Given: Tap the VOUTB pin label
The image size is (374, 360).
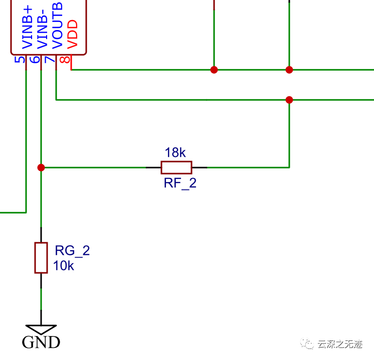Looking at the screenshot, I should (57, 25).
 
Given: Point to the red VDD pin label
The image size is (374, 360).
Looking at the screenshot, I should (72, 34).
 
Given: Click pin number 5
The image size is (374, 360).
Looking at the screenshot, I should (20, 60).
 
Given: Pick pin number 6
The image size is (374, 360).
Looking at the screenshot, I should (35, 60).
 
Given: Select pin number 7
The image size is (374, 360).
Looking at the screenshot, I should (49, 60).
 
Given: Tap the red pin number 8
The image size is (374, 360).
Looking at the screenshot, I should (64, 60).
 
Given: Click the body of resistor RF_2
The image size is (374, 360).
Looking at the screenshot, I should (176, 167).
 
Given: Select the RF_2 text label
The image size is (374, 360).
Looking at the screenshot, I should (180, 184).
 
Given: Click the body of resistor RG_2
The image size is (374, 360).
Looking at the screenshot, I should (41, 258).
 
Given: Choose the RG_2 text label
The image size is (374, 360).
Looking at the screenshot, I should (72, 251).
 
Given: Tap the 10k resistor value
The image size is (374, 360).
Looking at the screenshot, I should (64, 266).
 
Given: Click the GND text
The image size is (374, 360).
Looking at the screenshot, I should (41, 342).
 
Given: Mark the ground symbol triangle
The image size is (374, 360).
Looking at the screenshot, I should (41, 328).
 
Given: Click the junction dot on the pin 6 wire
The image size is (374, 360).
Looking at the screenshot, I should (41, 167).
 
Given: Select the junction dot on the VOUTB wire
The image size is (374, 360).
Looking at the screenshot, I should (289, 100).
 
